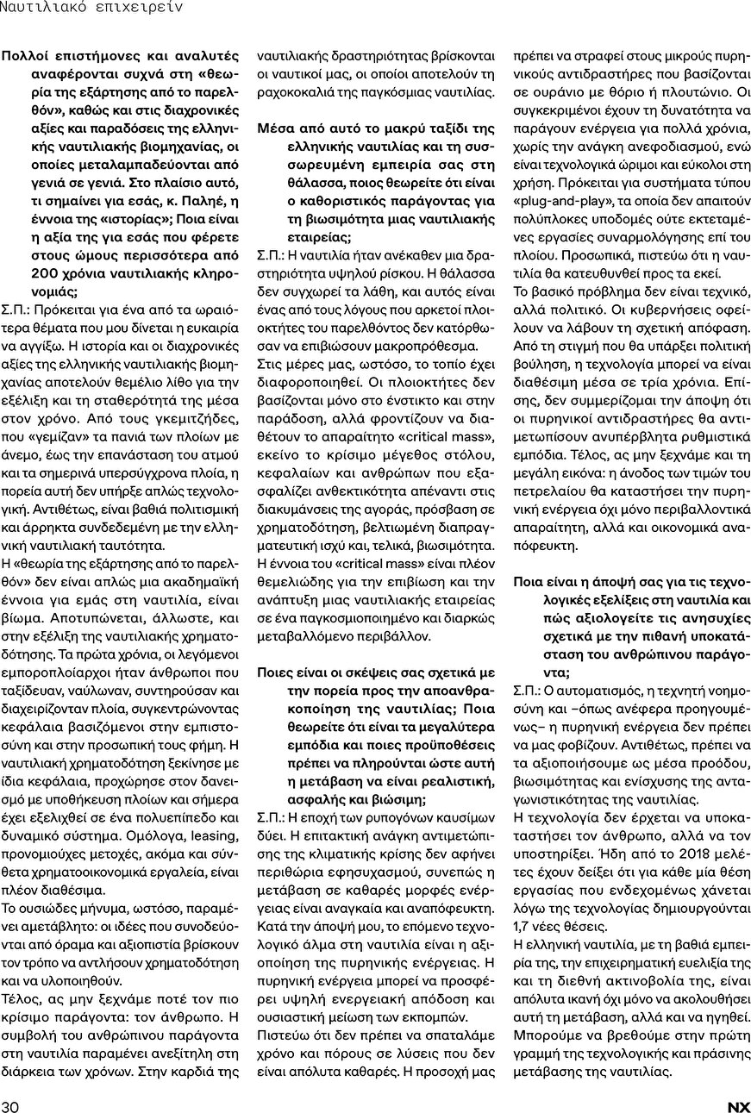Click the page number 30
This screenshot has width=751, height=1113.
pyautogui.click(x=10, y=1106)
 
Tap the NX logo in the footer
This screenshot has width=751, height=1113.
pyautogui.click(x=738, y=1106)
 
